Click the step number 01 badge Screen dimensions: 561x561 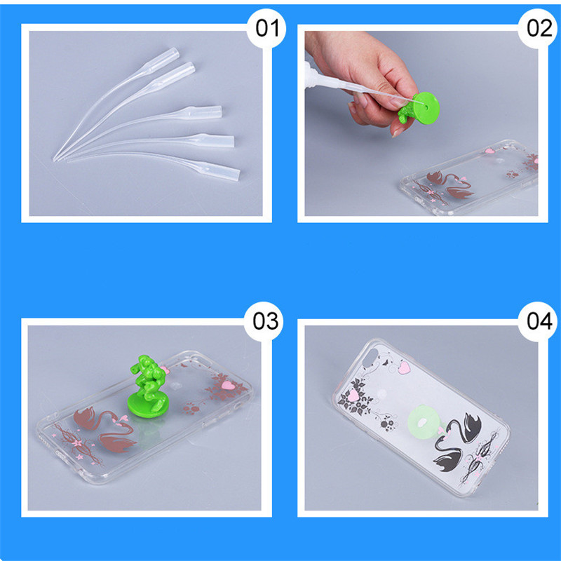pyautogui.click(x=266, y=29)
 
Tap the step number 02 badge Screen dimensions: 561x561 pyautogui.click(x=538, y=29)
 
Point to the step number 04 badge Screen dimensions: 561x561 pyautogui.click(x=538, y=321)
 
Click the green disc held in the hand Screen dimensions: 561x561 pyautogui.click(x=425, y=108)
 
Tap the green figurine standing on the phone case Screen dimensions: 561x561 pyautogui.click(x=147, y=386)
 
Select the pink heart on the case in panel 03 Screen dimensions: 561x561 pyautogui.click(x=227, y=385)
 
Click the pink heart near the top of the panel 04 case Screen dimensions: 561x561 pyautogui.click(x=405, y=367)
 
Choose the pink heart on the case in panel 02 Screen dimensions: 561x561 pyautogui.click(x=489, y=151)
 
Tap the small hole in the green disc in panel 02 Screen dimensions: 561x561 pyautogui.click(x=426, y=107)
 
